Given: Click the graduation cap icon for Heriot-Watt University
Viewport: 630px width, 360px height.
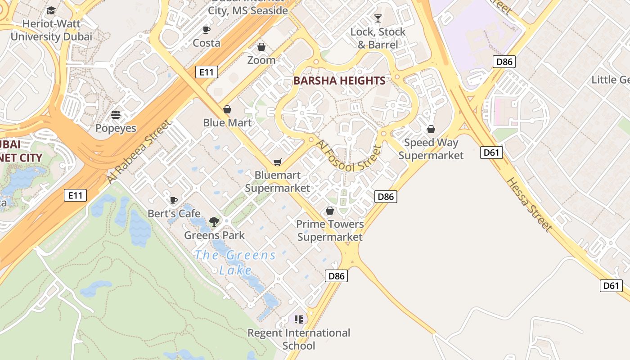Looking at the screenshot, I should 51,10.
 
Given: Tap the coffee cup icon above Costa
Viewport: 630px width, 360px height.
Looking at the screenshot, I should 207,30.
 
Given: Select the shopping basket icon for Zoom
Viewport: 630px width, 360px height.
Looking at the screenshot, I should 261,47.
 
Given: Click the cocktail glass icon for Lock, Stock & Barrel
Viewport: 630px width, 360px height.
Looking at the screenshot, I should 378,18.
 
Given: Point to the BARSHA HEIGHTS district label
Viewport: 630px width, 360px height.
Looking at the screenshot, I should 339,81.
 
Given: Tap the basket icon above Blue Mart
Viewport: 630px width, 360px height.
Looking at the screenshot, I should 227,109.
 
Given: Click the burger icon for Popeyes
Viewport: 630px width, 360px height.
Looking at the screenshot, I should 116,115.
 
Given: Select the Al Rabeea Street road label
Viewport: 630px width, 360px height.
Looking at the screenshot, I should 139,152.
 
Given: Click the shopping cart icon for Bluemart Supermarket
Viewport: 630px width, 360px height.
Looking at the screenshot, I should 278,162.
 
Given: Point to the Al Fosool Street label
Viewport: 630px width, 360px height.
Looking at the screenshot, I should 349,156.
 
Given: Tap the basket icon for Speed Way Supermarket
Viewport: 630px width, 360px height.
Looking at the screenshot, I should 431,130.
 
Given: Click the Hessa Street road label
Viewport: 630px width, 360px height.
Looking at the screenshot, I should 529,205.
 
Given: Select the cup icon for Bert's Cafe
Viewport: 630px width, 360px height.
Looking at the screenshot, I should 174,200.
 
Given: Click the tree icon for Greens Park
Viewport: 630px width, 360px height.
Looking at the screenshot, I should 214,221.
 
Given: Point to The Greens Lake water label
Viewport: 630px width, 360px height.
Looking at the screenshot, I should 235,262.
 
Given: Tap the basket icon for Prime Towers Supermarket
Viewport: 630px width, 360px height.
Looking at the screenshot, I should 330,211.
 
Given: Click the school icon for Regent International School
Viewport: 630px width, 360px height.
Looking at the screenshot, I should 299,319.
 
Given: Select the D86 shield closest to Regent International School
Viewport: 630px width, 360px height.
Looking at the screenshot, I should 336,276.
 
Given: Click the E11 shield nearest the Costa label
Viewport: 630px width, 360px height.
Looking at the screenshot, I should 207,72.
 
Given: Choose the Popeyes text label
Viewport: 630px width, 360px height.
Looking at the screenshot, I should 116,128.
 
